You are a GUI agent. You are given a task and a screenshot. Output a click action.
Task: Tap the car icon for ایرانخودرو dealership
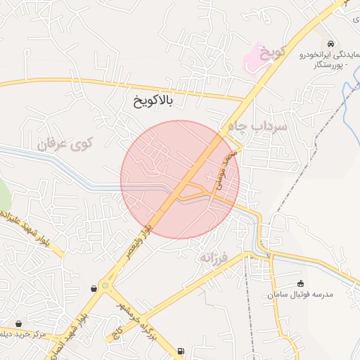point(331,42)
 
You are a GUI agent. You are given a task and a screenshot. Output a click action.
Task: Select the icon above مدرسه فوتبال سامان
point(301,283)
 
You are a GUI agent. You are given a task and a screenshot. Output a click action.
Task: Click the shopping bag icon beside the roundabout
point(94,288)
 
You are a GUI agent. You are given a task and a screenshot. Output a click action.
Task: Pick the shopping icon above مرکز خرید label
point(19,323)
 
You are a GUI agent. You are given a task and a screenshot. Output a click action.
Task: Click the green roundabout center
point(105,285)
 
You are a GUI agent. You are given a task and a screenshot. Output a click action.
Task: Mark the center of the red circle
point(180,180)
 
